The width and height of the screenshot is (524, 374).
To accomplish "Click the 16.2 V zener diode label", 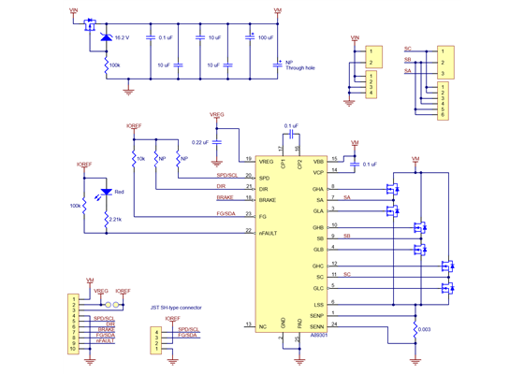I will coord(122,37).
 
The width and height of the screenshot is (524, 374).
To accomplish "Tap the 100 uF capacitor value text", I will coord(265,37).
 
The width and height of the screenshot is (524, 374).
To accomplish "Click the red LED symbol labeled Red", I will coord(106,194).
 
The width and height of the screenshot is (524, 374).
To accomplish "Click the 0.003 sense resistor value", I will coord(426,329).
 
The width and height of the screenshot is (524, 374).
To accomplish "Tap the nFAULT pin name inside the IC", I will coord(269,231).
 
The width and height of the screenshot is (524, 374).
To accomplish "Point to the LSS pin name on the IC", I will coord(318,303).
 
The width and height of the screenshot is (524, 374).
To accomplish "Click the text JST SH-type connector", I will coord(177,306).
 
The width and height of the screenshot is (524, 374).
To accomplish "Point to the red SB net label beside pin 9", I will coord(347,237).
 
